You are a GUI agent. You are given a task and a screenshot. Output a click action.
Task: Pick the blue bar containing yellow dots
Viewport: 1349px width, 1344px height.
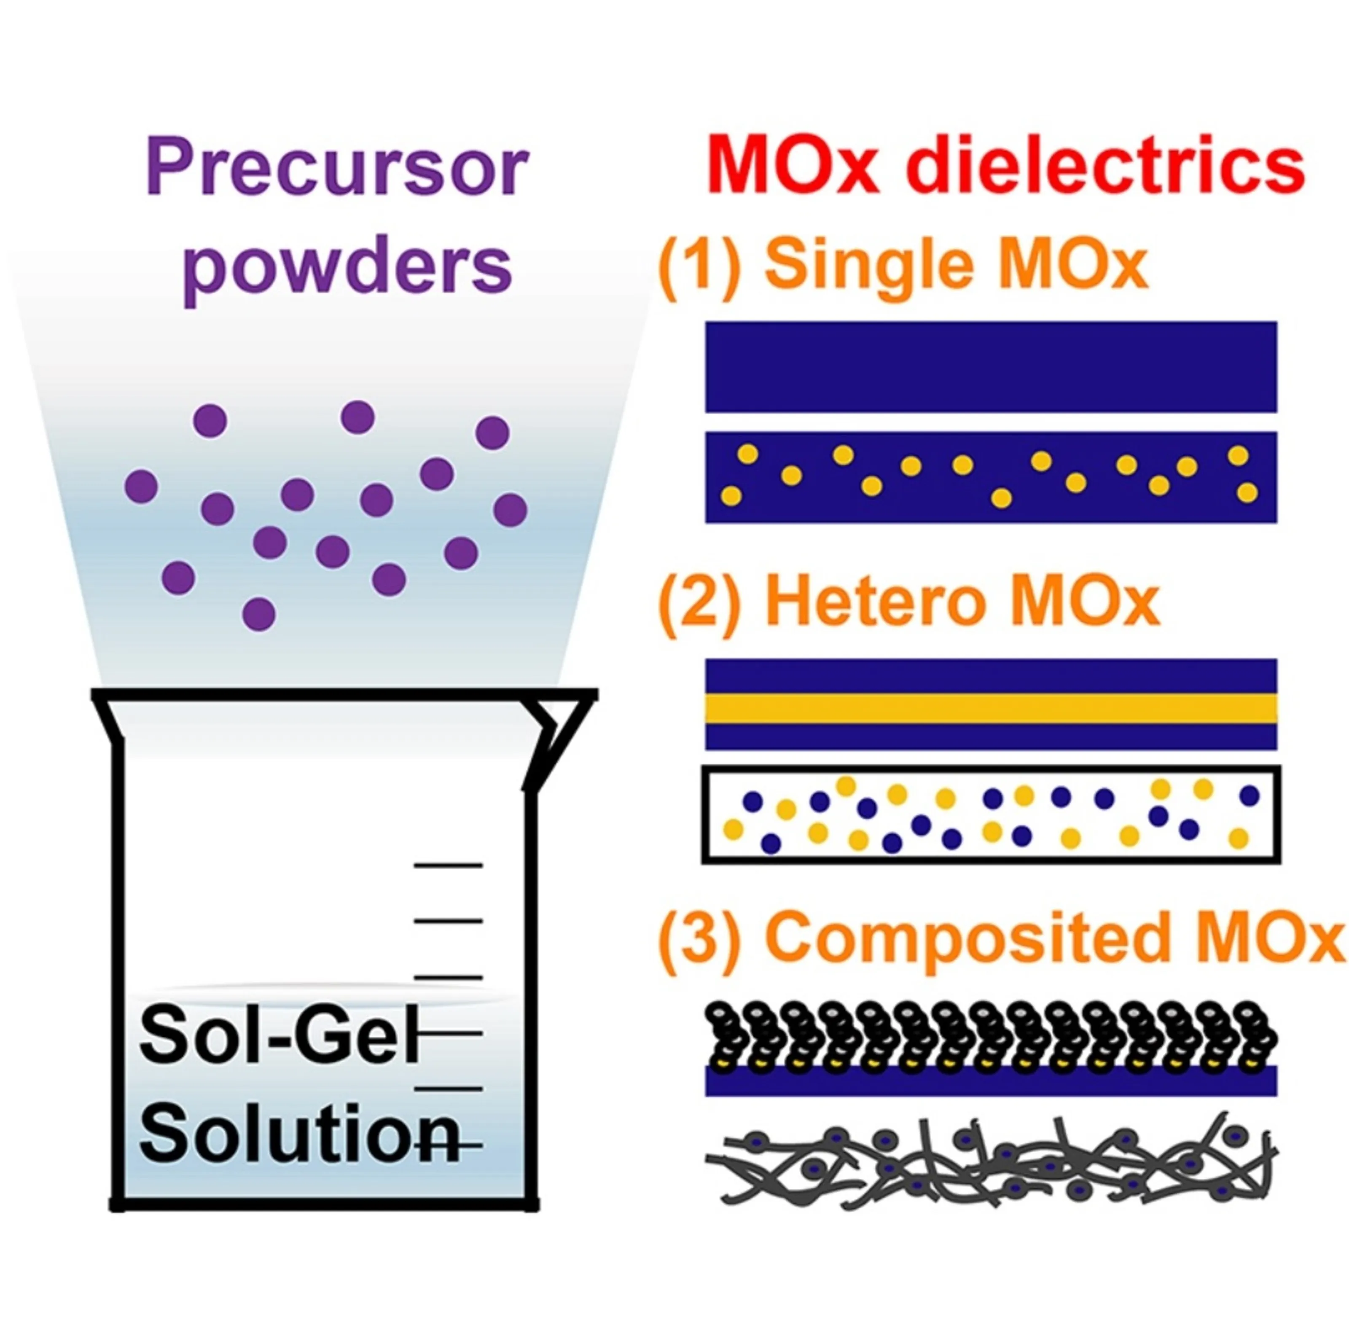[991, 477]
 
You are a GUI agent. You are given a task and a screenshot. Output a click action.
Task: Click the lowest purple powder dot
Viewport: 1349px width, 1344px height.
[259, 614]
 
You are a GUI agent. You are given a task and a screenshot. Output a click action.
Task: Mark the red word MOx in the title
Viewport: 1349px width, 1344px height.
[793, 167]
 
